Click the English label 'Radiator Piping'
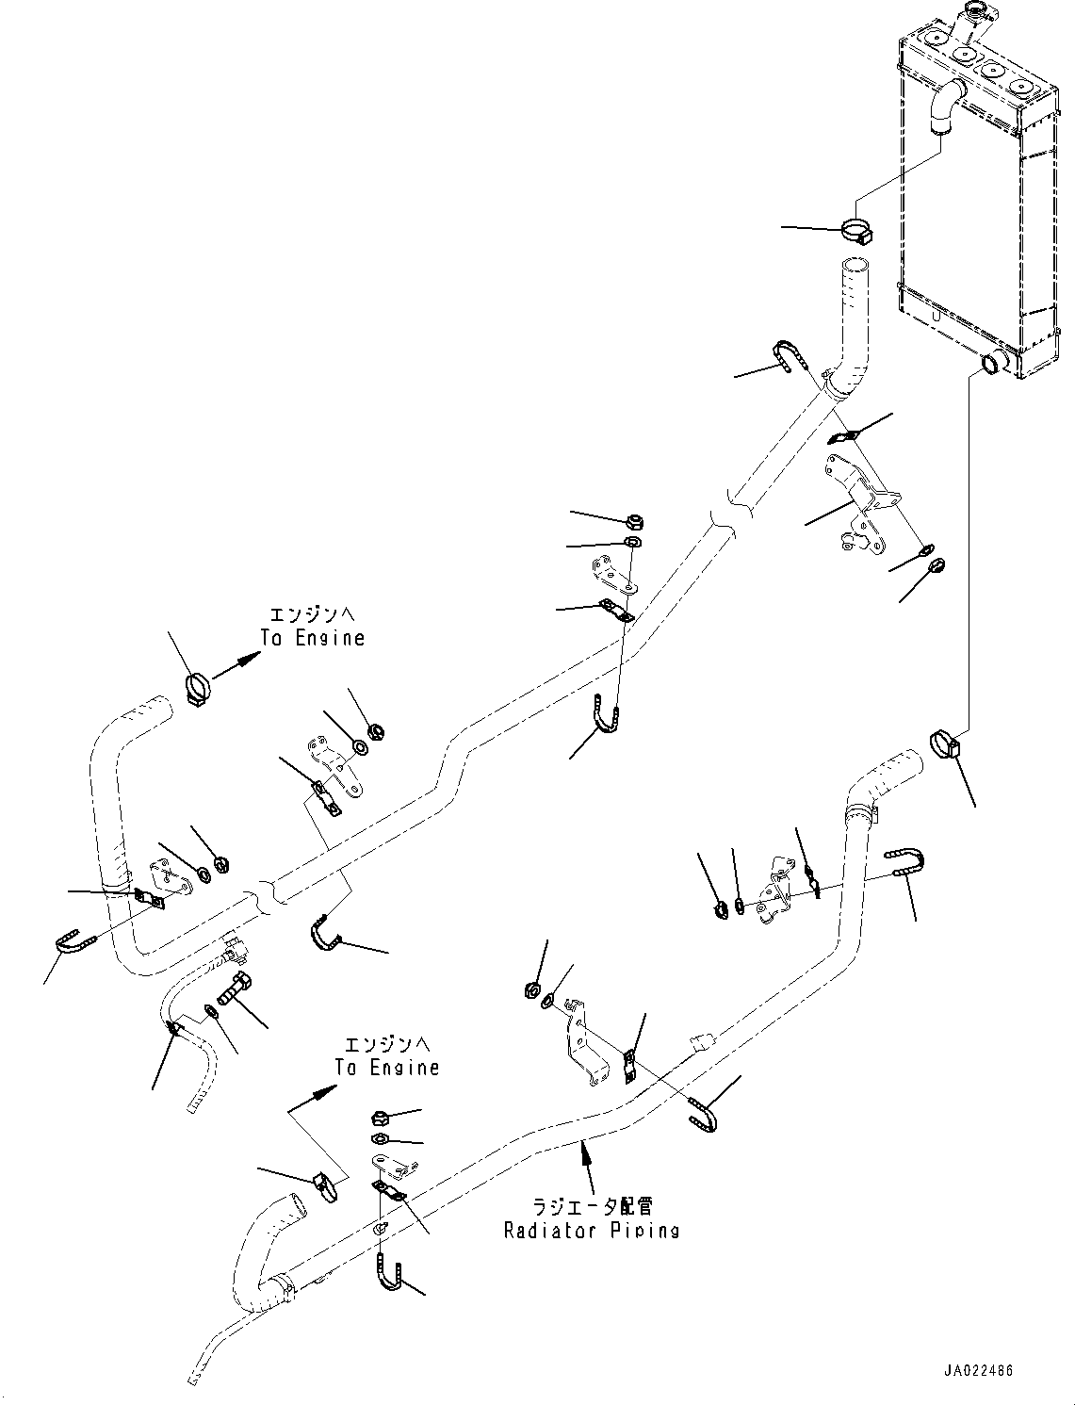pyautogui.click(x=591, y=1230)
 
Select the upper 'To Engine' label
pyautogui.click(x=313, y=638)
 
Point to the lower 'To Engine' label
pyautogui.click(x=387, y=1067)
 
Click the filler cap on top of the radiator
pyautogui.click(x=969, y=20)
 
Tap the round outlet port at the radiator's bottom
pyautogui.click(x=993, y=362)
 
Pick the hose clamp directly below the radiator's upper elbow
pyautogui.click(x=856, y=231)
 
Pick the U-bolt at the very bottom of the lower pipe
pyautogui.click(x=390, y=1276)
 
